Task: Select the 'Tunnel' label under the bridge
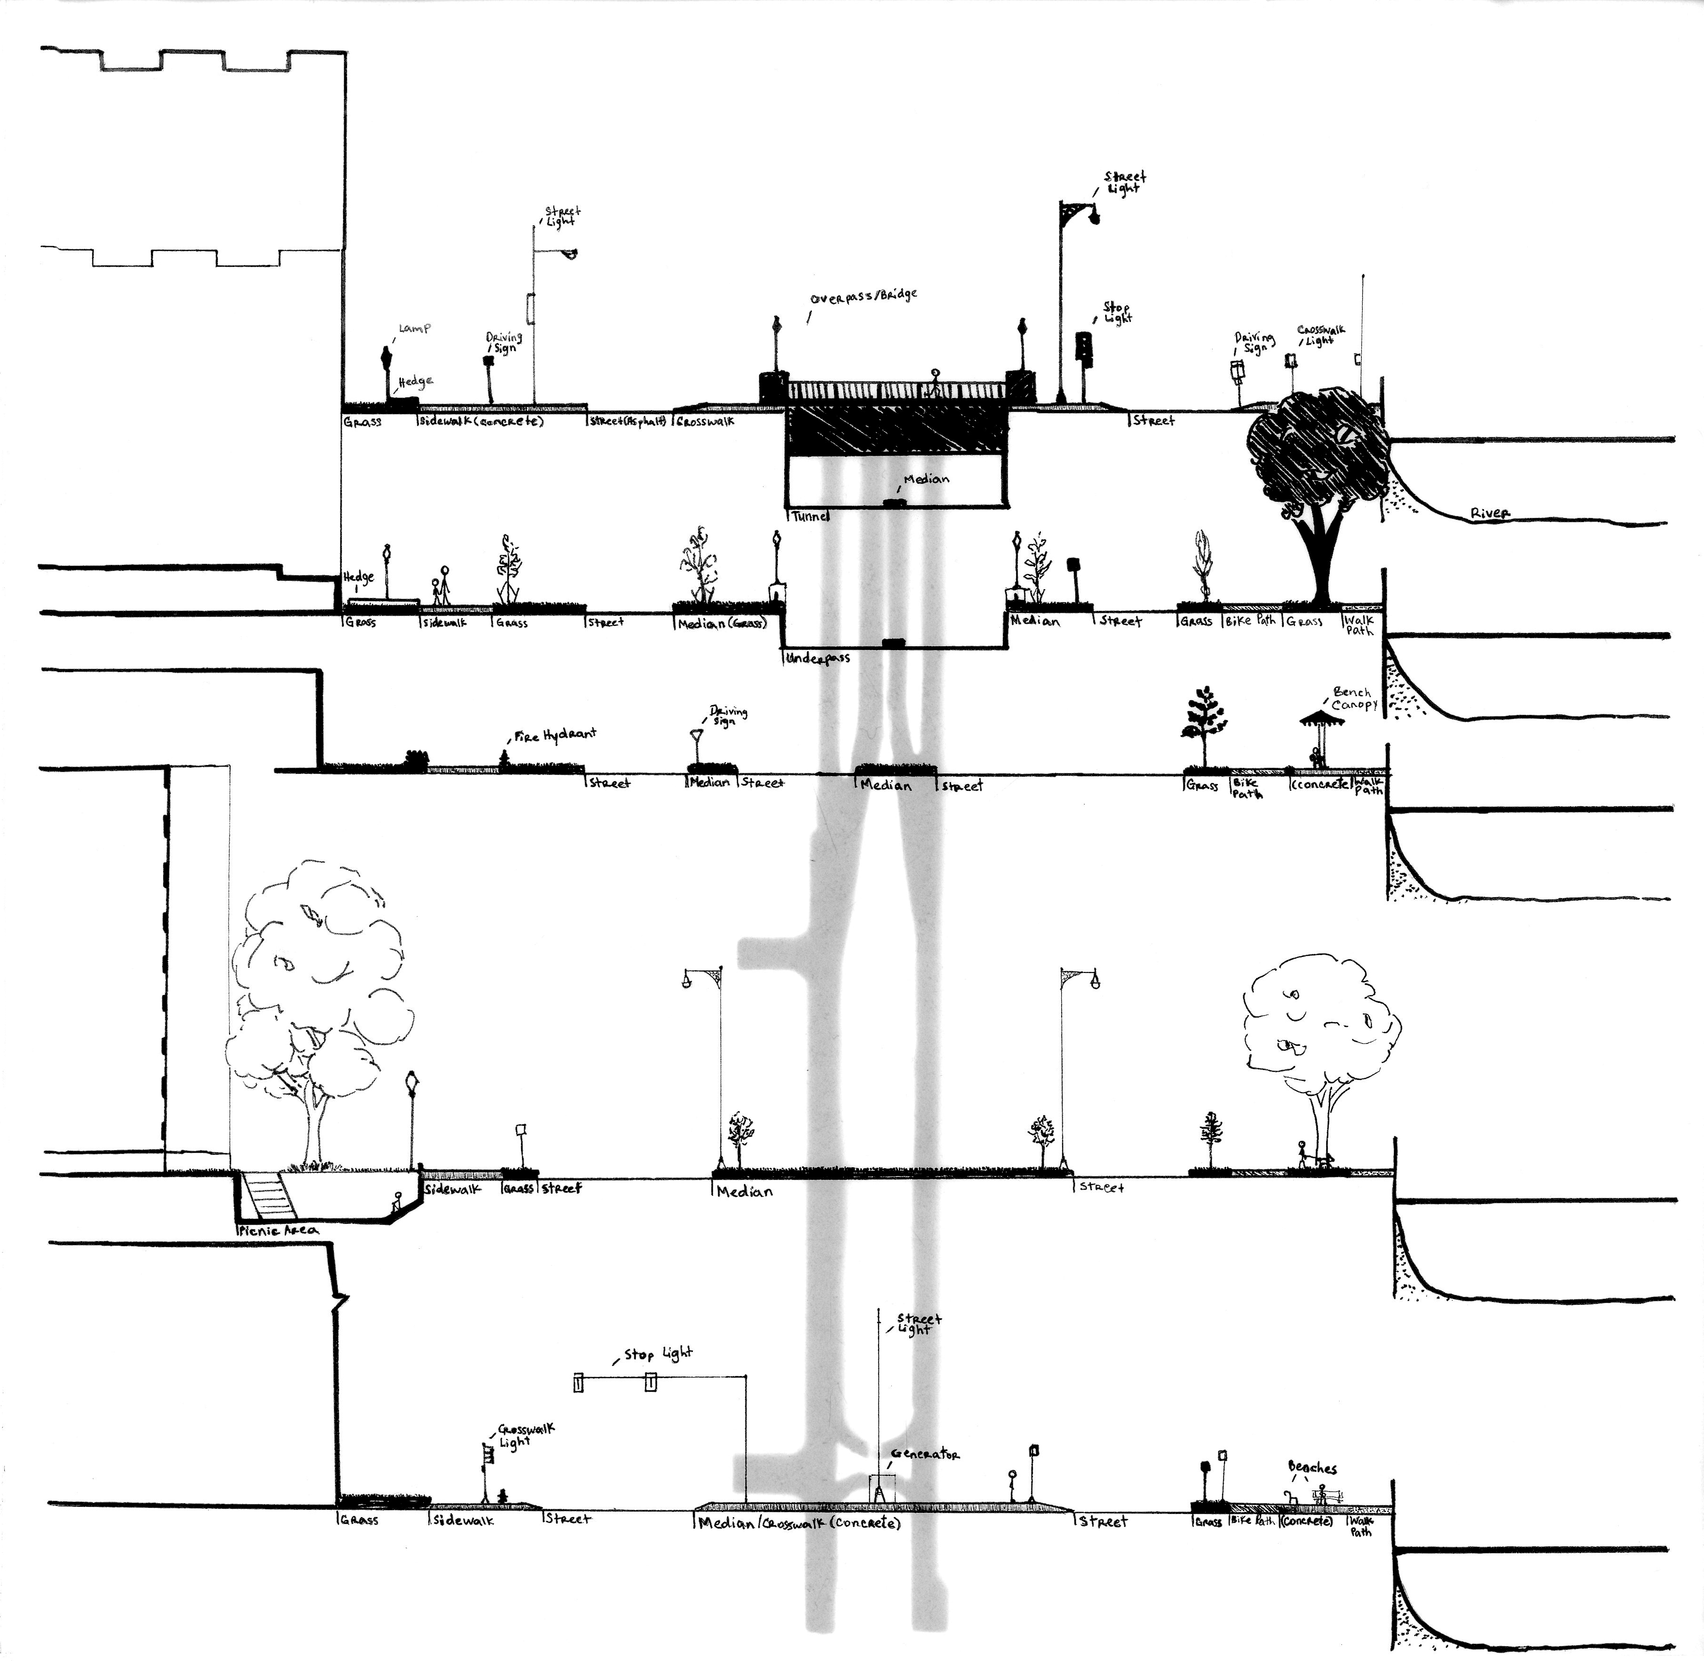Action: click(x=810, y=516)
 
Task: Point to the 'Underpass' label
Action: click(x=817, y=658)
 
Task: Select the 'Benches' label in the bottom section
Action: click(x=1312, y=1468)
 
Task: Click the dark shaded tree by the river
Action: click(x=1317, y=462)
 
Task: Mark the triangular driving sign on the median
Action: click(x=695, y=738)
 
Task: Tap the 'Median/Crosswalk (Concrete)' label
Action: click(x=799, y=1523)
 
